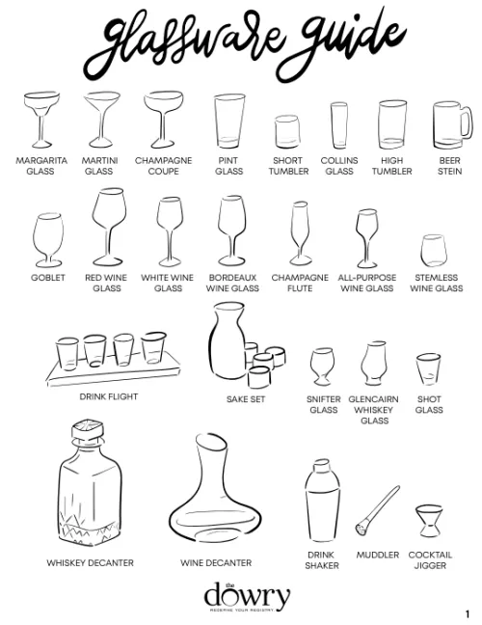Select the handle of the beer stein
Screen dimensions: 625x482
click(467, 122)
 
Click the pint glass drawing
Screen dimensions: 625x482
click(228, 121)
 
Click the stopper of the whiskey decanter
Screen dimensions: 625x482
click(91, 430)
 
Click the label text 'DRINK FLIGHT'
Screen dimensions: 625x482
click(109, 396)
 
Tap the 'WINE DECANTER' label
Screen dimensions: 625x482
click(216, 562)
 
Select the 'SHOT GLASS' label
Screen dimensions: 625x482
click(429, 404)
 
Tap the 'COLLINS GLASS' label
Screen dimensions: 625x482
click(339, 166)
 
